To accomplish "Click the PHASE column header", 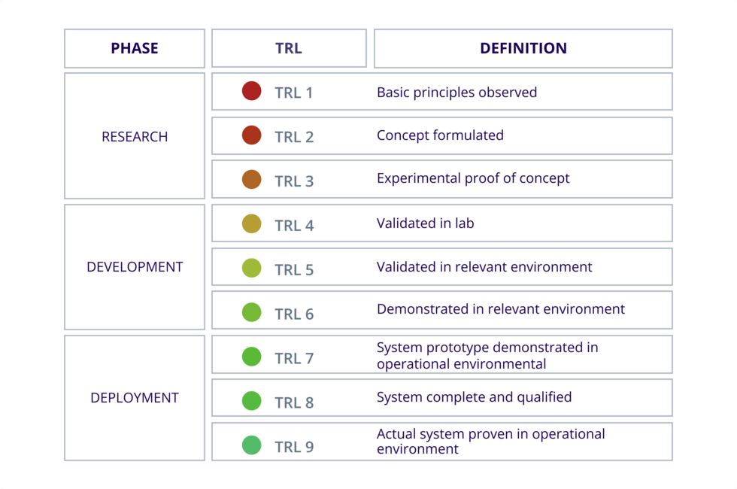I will pos(135,48).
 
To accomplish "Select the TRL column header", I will pos(289,48).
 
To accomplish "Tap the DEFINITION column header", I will pos(523,48).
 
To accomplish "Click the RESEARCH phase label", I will pos(135,137).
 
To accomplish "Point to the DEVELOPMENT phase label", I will pos(135,267).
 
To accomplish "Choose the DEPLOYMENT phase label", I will pos(135,398).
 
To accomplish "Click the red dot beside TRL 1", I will pos(252,91).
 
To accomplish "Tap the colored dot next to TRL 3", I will pos(252,179).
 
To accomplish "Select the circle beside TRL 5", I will pos(252,268).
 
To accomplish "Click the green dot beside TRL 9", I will pos(252,445).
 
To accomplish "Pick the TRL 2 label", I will pos(294,137).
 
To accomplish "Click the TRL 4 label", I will pos(294,226).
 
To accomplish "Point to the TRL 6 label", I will pos(294,314).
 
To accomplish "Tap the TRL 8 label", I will pos(294,402).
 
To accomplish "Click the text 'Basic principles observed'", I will pos(456,93).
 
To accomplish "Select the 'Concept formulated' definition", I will pos(440,135).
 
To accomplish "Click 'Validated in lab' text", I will pos(425,223).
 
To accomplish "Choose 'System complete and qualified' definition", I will pos(474,397).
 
